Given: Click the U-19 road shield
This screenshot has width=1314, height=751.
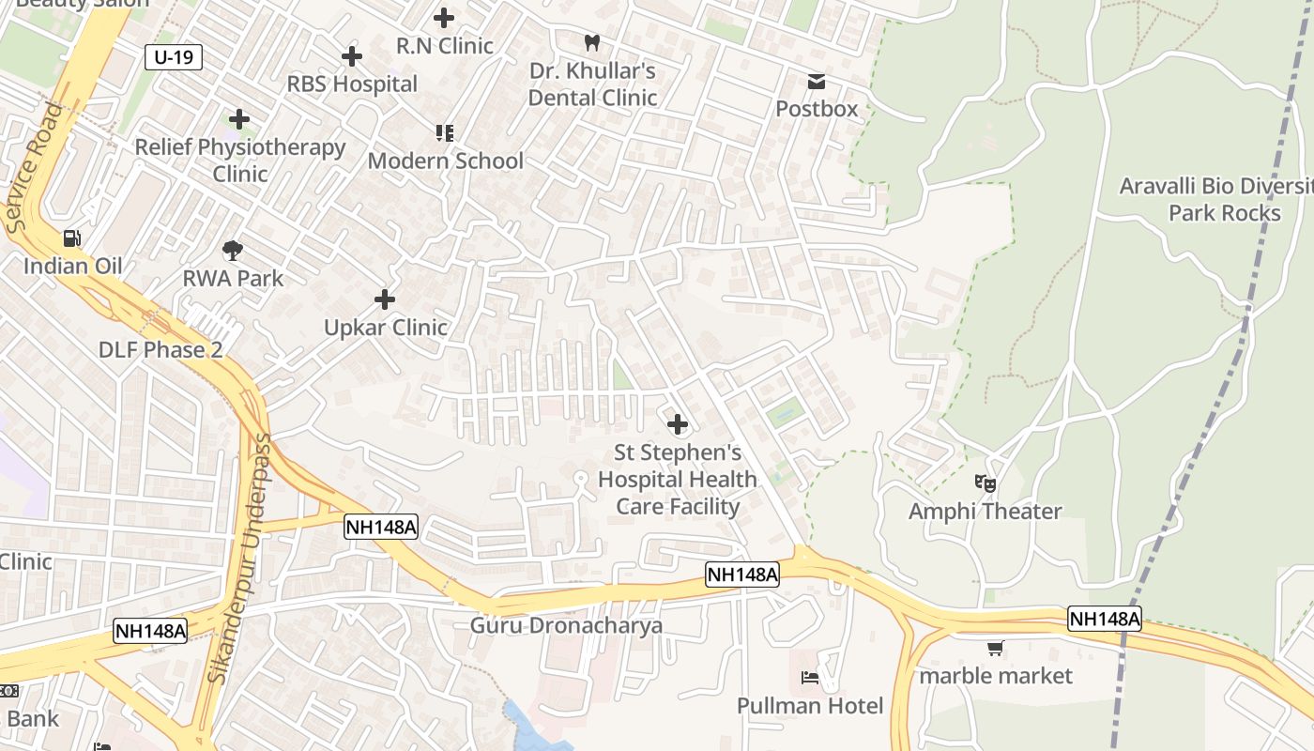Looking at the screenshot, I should click(x=174, y=57).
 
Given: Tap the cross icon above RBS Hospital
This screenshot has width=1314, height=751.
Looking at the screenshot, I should click(x=352, y=56).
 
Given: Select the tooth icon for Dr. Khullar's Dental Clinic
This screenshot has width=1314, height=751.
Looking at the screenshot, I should click(x=591, y=42).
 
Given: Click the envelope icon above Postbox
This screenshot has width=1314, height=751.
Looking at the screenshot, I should click(x=817, y=82).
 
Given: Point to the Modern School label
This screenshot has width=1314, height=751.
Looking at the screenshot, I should click(x=445, y=161).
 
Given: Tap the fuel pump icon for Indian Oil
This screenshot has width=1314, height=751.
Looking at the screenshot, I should click(x=72, y=238).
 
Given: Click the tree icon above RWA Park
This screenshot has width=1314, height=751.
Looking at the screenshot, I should click(x=233, y=251).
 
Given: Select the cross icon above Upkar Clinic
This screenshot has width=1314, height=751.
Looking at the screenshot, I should click(x=385, y=299).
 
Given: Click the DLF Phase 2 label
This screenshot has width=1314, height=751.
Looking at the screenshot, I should click(x=160, y=350).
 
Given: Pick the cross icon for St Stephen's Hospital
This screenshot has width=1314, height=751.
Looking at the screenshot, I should click(x=677, y=424).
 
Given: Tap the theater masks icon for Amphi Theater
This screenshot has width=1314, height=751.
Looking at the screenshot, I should click(x=985, y=483).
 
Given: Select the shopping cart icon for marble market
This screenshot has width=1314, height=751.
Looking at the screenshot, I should click(x=995, y=648).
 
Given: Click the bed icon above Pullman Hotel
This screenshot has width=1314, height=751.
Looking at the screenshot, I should click(x=809, y=678).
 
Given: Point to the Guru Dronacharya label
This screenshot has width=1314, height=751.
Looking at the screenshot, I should click(x=566, y=625).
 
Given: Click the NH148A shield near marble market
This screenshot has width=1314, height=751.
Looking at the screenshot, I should click(x=1105, y=619).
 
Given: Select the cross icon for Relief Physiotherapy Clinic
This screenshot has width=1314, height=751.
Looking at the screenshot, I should click(x=239, y=119).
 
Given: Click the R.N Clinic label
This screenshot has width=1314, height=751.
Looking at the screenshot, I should click(x=445, y=45).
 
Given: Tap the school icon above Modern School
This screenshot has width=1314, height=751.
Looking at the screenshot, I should click(x=444, y=133).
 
